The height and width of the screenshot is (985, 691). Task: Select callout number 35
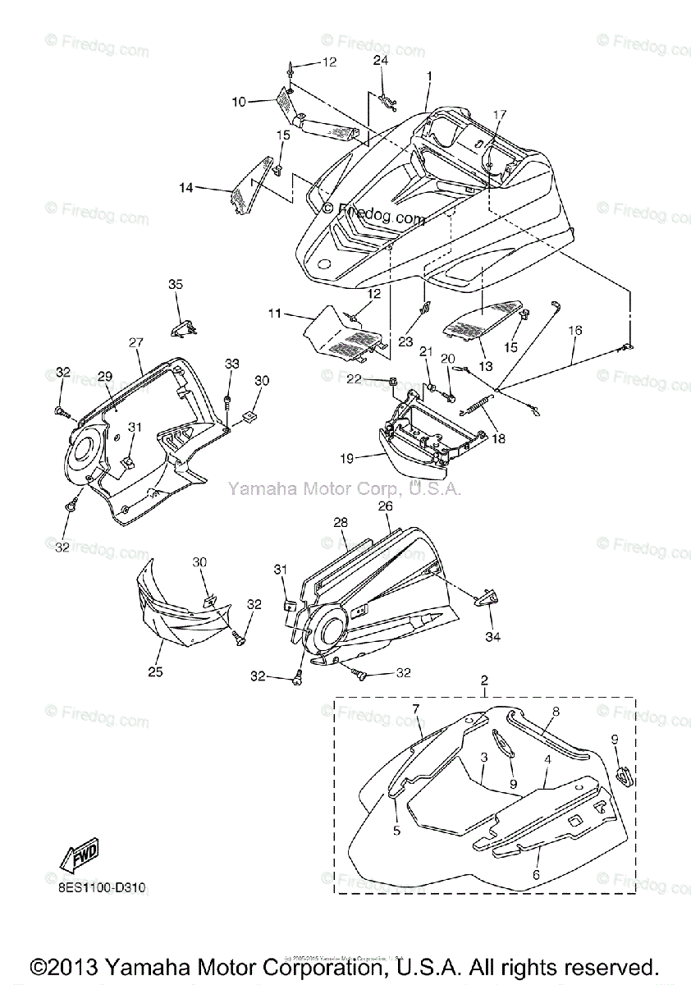[x=176, y=285]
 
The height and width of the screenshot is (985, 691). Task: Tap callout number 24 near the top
[x=381, y=60]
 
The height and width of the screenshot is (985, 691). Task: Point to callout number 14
[x=186, y=188]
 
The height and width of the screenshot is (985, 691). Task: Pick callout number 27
[x=135, y=342]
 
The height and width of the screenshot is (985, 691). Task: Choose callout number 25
[x=155, y=671]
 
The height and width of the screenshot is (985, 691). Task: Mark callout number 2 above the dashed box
[x=484, y=680]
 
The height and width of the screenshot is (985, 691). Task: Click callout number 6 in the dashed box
[x=535, y=876]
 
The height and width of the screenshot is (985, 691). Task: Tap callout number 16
[x=574, y=330]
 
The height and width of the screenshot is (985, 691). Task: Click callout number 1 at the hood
[x=428, y=76]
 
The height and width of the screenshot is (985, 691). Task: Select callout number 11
[x=274, y=313]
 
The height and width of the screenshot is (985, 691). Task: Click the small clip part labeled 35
[x=183, y=328]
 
